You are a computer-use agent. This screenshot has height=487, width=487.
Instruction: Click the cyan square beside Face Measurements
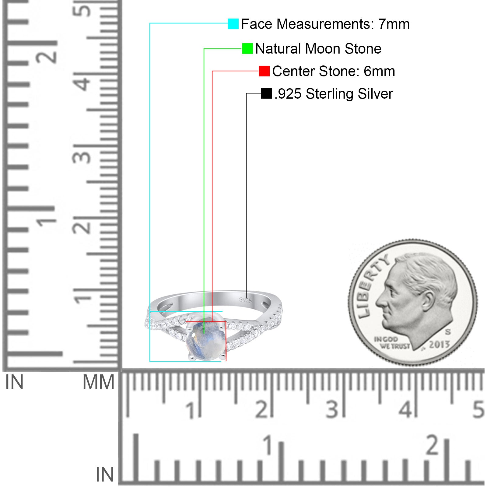[x=233, y=24]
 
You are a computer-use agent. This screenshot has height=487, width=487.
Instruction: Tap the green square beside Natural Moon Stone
[x=247, y=48]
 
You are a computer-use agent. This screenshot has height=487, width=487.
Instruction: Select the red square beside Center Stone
[x=264, y=71]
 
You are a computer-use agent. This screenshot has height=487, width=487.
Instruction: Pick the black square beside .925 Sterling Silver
[x=266, y=93]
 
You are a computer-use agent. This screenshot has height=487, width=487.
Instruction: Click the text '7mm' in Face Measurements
[x=394, y=24]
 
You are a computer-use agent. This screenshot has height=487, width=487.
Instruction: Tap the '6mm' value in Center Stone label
[x=379, y=71]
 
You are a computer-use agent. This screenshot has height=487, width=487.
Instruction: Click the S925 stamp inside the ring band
[x=245, y=300]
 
